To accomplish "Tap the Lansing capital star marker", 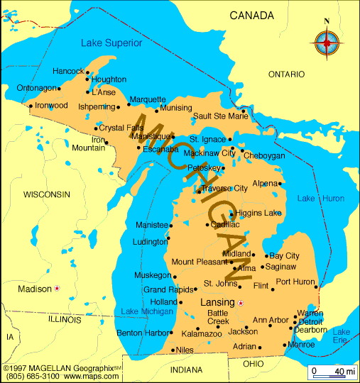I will pos(240,303).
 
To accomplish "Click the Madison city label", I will pos(35,289).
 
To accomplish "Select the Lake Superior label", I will pos(111,43).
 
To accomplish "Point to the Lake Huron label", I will pos(320,198).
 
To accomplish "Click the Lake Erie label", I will pos(342,336).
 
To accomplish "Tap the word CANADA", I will pos(251,15).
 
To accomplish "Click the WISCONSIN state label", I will pos(47,194).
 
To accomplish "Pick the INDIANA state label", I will pos(186,370).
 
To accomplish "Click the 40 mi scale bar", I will pos(332,372).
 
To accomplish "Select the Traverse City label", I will pos(224,188).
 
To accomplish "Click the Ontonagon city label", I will pos(37,88).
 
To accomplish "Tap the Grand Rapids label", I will pos(169,289).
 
